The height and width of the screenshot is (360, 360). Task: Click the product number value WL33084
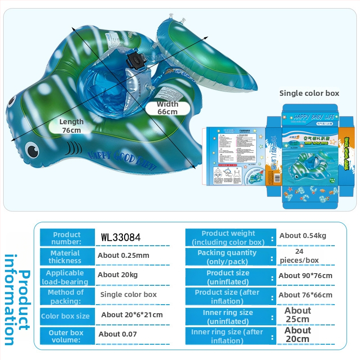point(121,237)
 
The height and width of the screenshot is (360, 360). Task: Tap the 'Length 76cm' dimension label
point(72,126)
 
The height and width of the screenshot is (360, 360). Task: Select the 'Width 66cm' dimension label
point(167,108)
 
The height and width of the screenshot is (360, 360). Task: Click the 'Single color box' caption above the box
point(309,94)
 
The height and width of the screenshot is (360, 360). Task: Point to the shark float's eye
point(31,149)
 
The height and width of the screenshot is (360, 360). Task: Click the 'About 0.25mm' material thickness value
point(123,256)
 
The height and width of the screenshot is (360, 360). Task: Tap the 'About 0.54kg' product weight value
point(303,236)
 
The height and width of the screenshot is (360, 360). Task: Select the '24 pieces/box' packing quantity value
point(299,256)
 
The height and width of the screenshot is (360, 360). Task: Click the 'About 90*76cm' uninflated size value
point(306,275)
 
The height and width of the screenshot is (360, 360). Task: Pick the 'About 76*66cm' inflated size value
point(306,295)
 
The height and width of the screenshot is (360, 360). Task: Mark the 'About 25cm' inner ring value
point(297,315)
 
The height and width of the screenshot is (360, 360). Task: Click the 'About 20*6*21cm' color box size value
point(132,315)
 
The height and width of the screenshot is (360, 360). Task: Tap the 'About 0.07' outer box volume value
point(117,334)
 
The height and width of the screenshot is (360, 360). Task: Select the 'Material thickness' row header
point(65,257)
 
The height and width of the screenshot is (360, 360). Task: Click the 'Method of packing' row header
point(66,297)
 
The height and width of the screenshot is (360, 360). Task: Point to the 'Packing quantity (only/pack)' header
point(227,257)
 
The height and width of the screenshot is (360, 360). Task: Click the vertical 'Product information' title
point(17,300)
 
